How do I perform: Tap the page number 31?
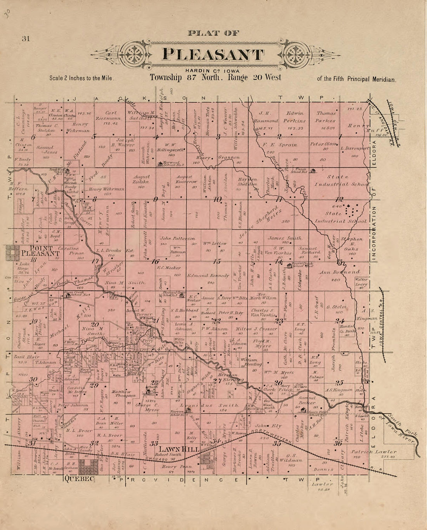(x=26, y=38)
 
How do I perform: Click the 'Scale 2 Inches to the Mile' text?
(x=81, y=78)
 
